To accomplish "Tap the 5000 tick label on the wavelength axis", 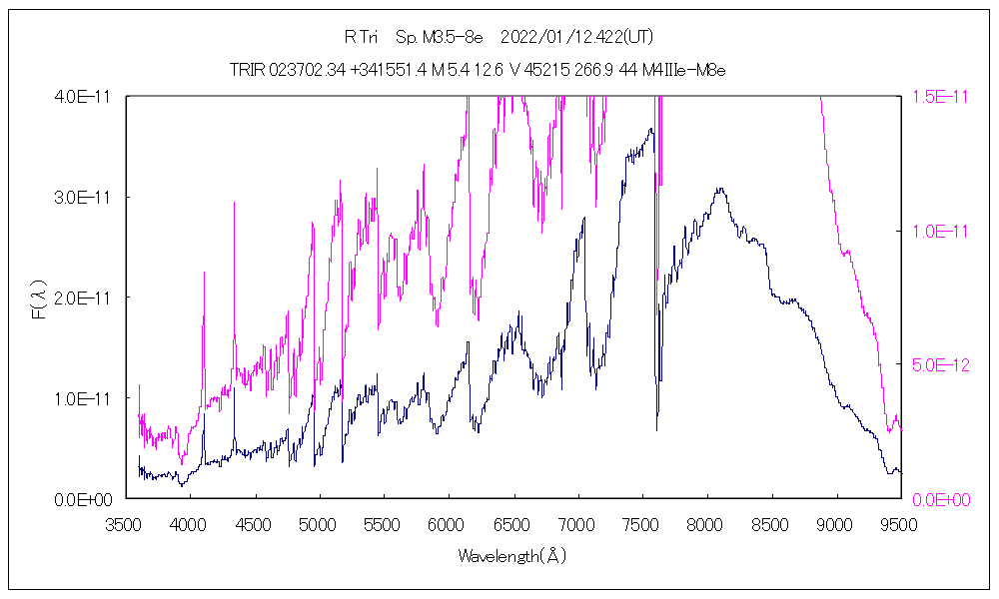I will pos(319,522).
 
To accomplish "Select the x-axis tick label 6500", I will pos(513,522).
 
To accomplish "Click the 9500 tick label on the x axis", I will pos(901,522).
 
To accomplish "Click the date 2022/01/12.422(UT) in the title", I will pos(577,38).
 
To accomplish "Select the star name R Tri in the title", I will pos(361,38).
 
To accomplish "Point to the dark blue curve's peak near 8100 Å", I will pos(719,188).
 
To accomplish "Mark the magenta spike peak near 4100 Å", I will pos(204,272).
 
